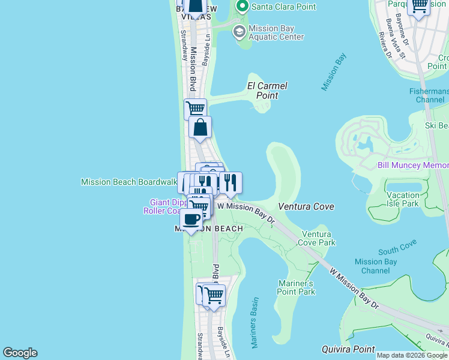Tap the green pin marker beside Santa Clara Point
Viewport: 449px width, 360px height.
point(243,7)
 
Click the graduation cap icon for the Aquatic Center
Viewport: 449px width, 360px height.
point(239,32)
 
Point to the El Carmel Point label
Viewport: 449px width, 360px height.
point(267,91)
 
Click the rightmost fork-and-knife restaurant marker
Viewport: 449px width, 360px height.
point(230,183)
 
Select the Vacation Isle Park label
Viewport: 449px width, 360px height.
point(403,199)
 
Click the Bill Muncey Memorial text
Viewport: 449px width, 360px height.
point(413,165)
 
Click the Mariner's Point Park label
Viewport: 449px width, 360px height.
point(297,287)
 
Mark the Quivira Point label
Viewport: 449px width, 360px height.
point(348,349)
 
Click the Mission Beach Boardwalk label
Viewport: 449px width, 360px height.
point(129,181)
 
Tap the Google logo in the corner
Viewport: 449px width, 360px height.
point(20,353)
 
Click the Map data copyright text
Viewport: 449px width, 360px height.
point(412,355)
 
